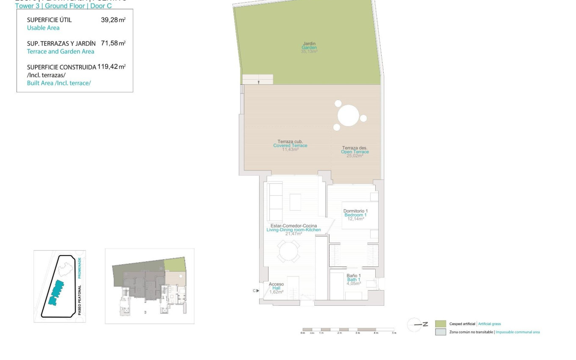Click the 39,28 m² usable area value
click(113, 20)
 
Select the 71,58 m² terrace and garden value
click(113, 43)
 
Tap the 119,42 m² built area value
click(111, 66)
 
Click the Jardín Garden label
click(309, 47)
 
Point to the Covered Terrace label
click(290, 145)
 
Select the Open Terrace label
click(355, 152)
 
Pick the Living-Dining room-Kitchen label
click(293, 230)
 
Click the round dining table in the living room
click(289, 252)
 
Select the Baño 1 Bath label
click(354, 280)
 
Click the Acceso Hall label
click(276, 288)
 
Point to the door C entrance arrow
click(258, 291)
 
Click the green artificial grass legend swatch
click(440, 324)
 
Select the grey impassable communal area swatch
click(440, 332)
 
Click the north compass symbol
click(415, 325)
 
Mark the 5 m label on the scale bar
click(394, 333)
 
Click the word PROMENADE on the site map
click(79, 268)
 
